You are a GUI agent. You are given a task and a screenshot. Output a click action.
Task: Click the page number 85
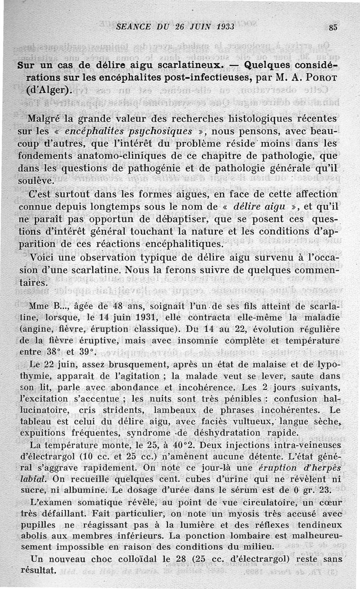333,27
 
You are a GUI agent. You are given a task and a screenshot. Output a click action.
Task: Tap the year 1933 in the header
222,27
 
